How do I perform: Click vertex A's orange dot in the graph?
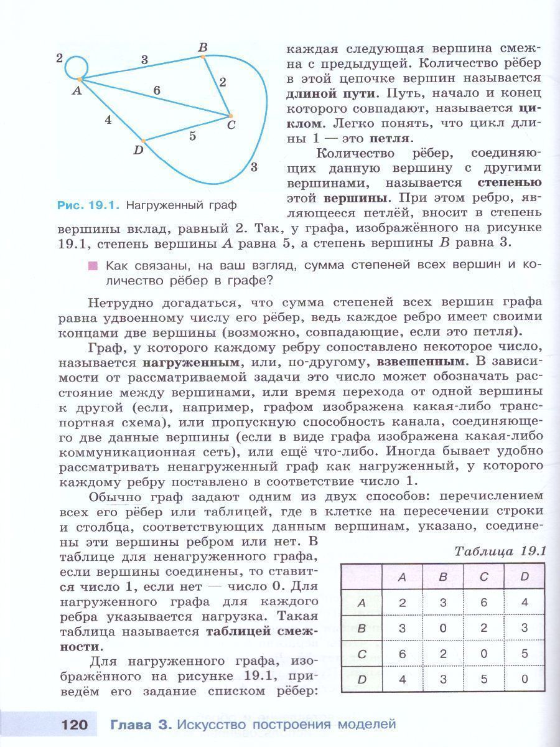[80, 79]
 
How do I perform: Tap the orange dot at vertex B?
[203, 57]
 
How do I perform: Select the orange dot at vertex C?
[230, 116]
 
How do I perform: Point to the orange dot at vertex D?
[144, 141]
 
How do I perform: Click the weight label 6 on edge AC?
[156, 90]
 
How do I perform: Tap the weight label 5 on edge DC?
[192, 136]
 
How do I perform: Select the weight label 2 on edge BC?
[223, 82]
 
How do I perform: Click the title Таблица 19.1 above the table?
[500, 552]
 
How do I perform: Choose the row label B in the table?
[362, 628]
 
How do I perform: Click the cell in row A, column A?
[402, 603]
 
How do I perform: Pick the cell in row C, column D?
[524, 654]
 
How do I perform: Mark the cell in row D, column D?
[524, 679]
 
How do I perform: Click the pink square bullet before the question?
[93, 266]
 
